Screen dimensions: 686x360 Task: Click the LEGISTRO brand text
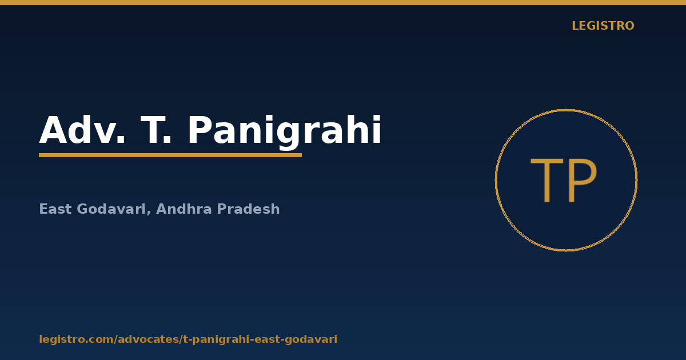pos(603,26)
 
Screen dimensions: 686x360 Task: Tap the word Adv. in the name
pos(82,130)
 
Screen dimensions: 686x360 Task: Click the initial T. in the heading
pos(156,130)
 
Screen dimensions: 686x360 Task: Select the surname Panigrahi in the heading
pos(285,132)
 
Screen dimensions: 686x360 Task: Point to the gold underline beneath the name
pos(170,155)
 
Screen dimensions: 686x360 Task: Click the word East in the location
pos(55,209)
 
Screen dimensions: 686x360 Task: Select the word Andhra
pos(184,209)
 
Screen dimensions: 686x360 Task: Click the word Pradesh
pos(248,209)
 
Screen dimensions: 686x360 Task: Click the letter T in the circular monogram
pos(547,181)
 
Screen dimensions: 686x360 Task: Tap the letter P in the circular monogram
pos(583,181)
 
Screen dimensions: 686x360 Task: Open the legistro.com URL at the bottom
pos(188,339)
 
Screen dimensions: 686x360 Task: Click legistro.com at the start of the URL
pos(76,339)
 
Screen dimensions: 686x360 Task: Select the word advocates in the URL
pos(148,339)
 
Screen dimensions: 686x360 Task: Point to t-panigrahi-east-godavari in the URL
pos(260,340)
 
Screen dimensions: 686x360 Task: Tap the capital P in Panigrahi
pos(199,130)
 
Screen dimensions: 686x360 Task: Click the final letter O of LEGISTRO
pos(629,26)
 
